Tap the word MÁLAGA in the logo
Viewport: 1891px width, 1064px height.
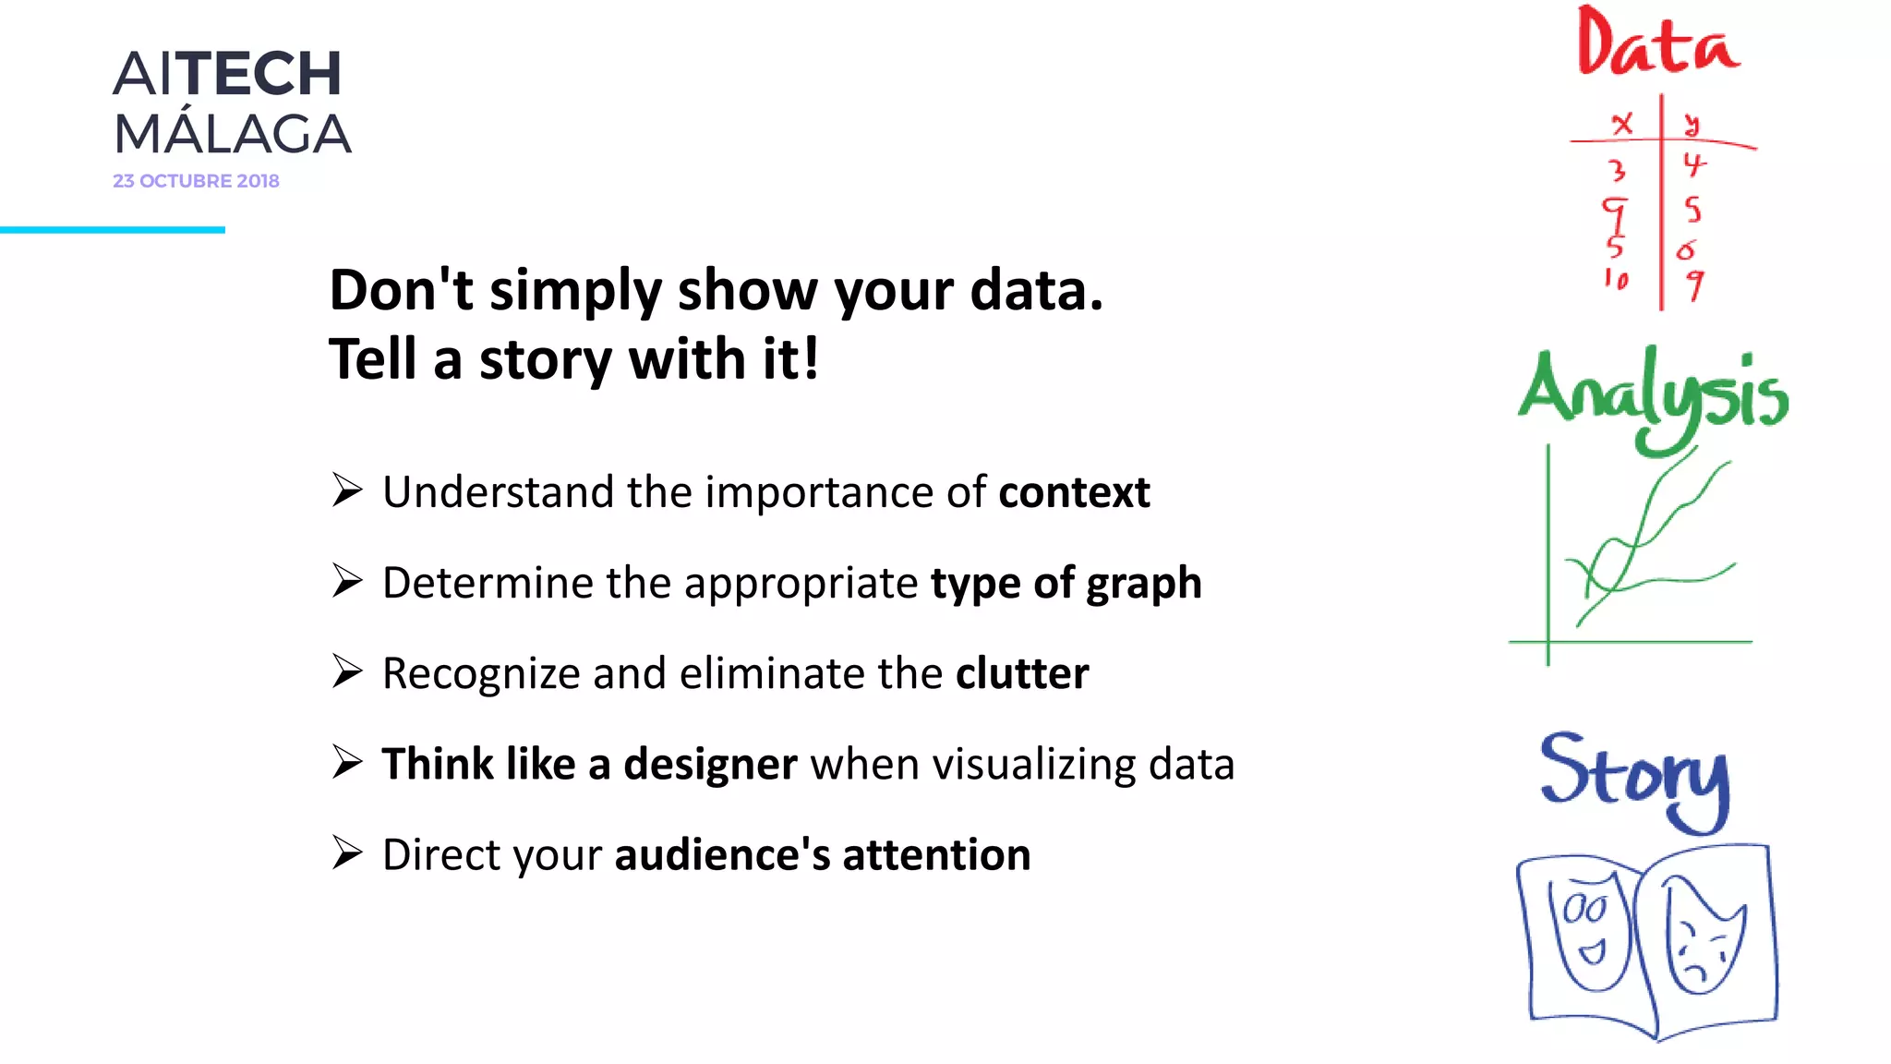pyautogui.click(x=232, y=135)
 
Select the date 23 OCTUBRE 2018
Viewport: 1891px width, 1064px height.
pyautogui.click(x=196, y=181)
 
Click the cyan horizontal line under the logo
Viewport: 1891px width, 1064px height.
pyautogui.click(x=112, y=229)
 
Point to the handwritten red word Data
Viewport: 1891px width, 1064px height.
pyautogui.click(x=1656, y=44)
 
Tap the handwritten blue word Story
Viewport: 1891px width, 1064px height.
pyautogui.click(x=1634, y=776)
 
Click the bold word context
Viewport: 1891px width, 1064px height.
pyautogui.click(x=1074, y=492)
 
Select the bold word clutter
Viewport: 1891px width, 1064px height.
pyautogui.click(x=1022, y=673)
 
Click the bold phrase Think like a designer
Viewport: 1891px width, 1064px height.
pyautogui.click(x=589, y=765)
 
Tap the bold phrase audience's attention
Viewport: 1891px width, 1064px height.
pyautogui.click(x=823, y=855)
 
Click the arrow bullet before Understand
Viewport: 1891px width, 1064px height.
pyautogui.click(x=347, y=490)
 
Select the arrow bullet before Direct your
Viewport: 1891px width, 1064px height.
pyautogui.click(x=347, y=852)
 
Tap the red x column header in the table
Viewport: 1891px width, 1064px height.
pyautogui.click(x=1621, y=124)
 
